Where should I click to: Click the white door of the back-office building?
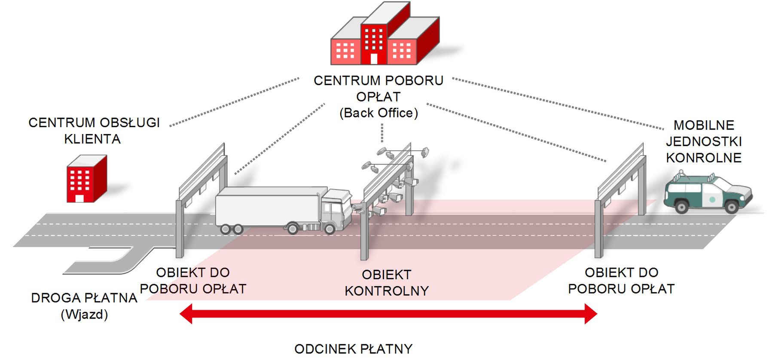click(374, 59)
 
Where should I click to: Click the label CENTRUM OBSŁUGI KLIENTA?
click(94, 131)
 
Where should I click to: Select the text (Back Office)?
click(378, 113)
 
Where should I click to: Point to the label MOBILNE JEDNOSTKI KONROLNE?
click(704, 141)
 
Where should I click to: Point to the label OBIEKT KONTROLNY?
click(387, 283)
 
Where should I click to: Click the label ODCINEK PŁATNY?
click(353, 349)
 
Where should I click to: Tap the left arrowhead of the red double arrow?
click(186, 314)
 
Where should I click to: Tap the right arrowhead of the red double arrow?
click(591, 314)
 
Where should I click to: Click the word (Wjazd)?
click(84, 314)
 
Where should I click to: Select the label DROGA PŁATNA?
click(84, 298)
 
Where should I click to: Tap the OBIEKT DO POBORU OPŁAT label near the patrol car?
click(621, 281)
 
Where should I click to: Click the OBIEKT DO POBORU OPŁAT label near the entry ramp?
click(193, 281)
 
